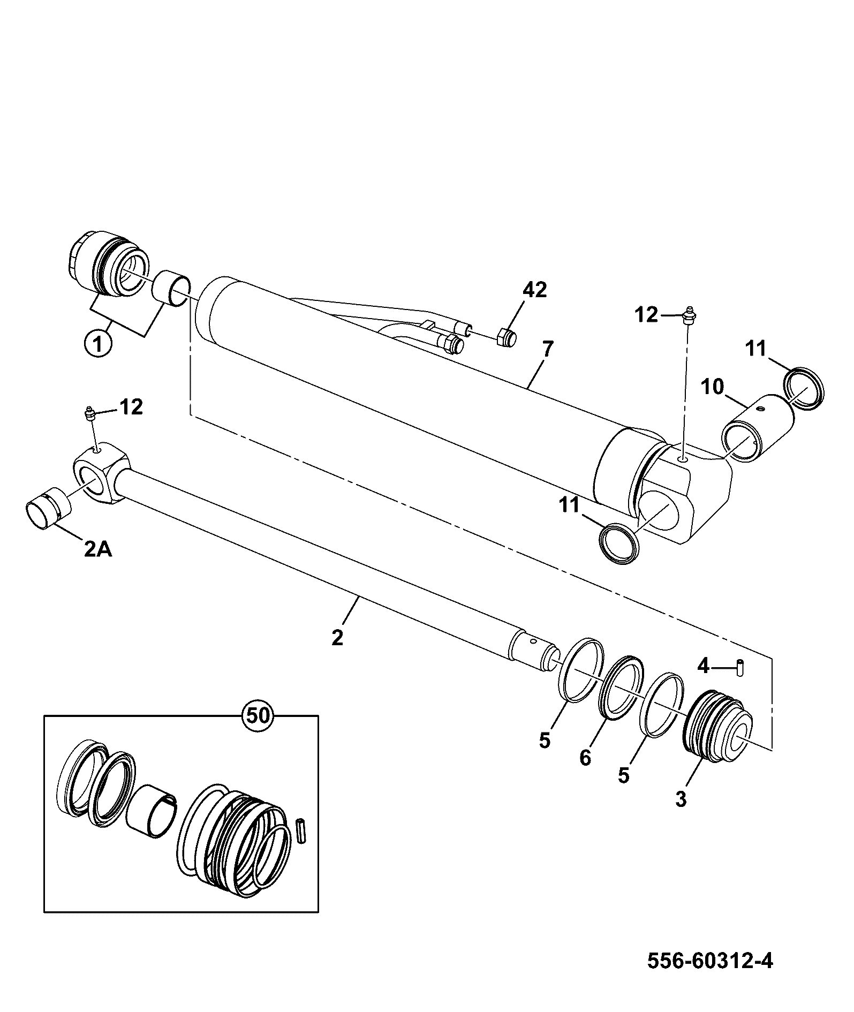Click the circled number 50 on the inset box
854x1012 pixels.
(x=258, y=715)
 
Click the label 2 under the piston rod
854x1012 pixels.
(x=337, y=638)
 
